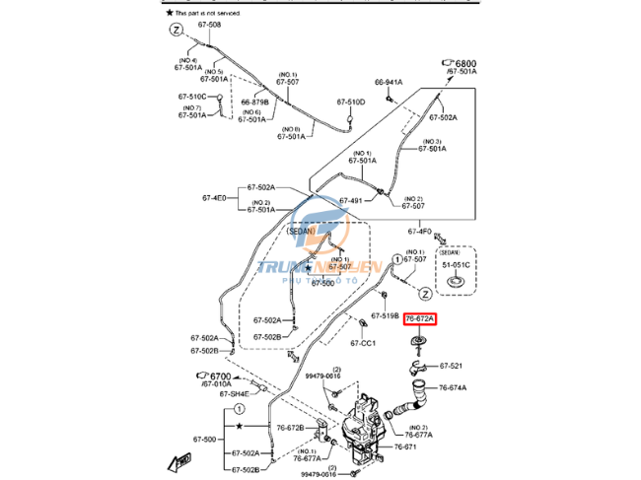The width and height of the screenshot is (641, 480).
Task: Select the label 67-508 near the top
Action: click(208, 25)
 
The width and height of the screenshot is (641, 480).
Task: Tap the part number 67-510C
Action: click(192, 96)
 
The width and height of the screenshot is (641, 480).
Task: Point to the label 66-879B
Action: click(255, 101)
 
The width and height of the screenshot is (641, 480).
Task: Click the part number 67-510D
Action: click(350, 102)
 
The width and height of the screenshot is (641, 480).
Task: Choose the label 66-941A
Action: click(389, 82)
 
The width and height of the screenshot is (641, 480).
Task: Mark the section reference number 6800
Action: click(463, 61)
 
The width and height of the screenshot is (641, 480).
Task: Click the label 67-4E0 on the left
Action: click(214, 198)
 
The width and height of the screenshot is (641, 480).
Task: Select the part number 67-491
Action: click(352, 201)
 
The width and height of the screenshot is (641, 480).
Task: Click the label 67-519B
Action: click(386, 316)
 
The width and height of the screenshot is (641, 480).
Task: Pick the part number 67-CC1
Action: click(363, 343)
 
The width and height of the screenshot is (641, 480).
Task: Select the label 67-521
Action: click(451, 366)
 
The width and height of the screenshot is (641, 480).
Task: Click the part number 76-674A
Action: click(453, 387)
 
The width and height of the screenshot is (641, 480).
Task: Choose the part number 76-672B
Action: click(290, 428)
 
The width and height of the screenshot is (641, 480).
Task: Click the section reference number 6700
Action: click(219, 376)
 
